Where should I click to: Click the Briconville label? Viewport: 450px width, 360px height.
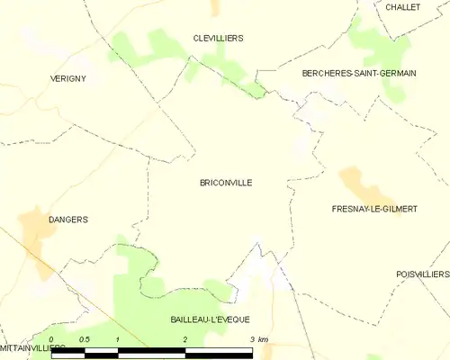[x=226, y=183]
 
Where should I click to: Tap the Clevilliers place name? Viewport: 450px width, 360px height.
[x=218, y=38]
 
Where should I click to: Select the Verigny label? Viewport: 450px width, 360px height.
[x=67, y=79]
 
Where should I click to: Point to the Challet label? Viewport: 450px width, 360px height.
[x=401, y=6]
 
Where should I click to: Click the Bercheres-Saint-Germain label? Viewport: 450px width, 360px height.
[x=359, y=73]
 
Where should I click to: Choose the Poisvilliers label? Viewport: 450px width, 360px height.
[x=422, y=274]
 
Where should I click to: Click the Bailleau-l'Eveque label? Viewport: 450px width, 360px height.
[x=210, y=319]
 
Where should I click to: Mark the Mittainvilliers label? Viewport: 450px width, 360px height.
[x=32, y=346]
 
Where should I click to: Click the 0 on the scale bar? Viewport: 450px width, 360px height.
[x=51, y=339]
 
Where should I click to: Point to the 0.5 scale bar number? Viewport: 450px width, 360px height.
[x=84, y=339]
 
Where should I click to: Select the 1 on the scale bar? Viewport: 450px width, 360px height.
[x=118, y=339]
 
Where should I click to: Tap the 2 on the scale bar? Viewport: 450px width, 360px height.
[x=184, y=339]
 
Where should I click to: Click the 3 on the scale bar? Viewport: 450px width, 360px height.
[x=251, y=339]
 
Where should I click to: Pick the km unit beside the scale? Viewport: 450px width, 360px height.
[x=263, y=339]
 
